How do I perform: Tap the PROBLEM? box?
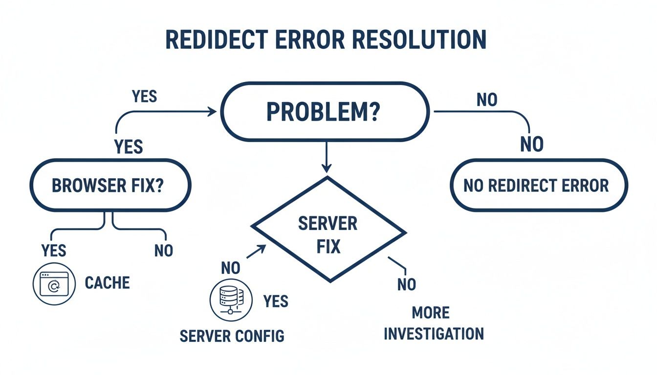325,112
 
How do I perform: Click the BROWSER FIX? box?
110,186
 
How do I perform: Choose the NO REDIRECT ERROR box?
538,186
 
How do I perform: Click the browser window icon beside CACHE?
54,284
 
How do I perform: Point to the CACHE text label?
108,283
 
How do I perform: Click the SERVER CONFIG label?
232,336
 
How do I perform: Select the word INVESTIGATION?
434,334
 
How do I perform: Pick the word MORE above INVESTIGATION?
430,312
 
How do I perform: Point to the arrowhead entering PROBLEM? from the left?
212,112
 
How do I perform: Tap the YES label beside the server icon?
276,301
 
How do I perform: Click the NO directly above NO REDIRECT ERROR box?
532,145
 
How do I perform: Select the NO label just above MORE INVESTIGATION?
406,284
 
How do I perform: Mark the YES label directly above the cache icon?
54,251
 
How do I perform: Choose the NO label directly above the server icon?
231,268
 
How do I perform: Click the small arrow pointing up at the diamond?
258,250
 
